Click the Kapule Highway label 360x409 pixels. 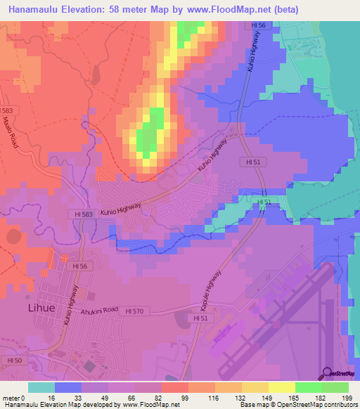pyautogui.click(x=211, y=287)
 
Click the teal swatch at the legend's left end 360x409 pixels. pyautogui.click(x=41, y=387)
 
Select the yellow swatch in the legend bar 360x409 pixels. pyautogui.click(x=281, y=387)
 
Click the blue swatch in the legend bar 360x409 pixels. pyautogui.click(x=68, y=387)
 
